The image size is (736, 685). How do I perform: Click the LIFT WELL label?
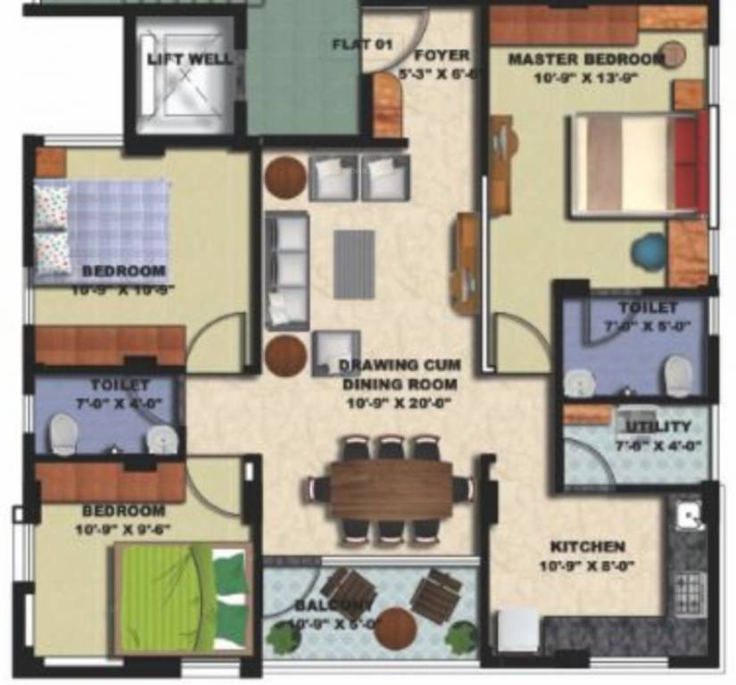[x=189, y=60]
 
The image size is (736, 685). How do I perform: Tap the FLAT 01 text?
[x=362, y=44]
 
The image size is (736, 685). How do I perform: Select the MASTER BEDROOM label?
[x=585, y=60]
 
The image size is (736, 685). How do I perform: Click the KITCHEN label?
[x=587, y=546]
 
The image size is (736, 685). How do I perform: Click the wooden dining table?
[x=391, y=489]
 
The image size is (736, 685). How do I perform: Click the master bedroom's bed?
[x=639, y=164]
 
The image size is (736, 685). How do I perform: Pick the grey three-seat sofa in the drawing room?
[x=286, y=269]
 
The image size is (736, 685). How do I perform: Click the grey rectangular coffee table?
[x=354, y=258]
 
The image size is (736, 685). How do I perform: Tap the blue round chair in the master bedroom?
[x=649, y=249]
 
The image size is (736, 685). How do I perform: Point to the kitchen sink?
[x=688, y=515]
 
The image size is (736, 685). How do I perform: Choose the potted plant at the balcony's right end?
[x=460, y=637]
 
